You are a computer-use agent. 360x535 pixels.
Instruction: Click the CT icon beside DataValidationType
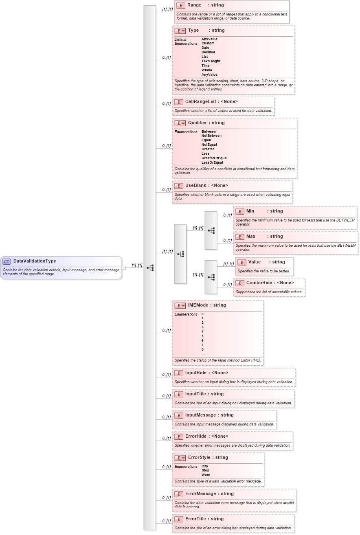tap(7, 261)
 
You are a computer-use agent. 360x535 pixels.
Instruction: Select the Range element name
tap(194, 5)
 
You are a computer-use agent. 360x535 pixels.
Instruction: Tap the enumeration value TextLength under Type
tap(211, 61)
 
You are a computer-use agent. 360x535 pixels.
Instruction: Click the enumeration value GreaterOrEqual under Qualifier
tap(214, 158)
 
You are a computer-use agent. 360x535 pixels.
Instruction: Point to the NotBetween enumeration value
tap(211, 136)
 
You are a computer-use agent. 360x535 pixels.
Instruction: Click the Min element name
tap(250, 211)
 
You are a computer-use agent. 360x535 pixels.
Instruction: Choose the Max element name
tap(250, 236)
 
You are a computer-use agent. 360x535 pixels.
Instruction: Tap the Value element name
tap(254, 262)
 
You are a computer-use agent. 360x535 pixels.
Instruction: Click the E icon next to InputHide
tap(178, 373)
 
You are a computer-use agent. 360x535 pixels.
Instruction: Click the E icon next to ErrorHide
tap(178, 436)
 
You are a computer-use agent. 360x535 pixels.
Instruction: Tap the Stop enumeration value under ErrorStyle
tap(205, 470)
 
